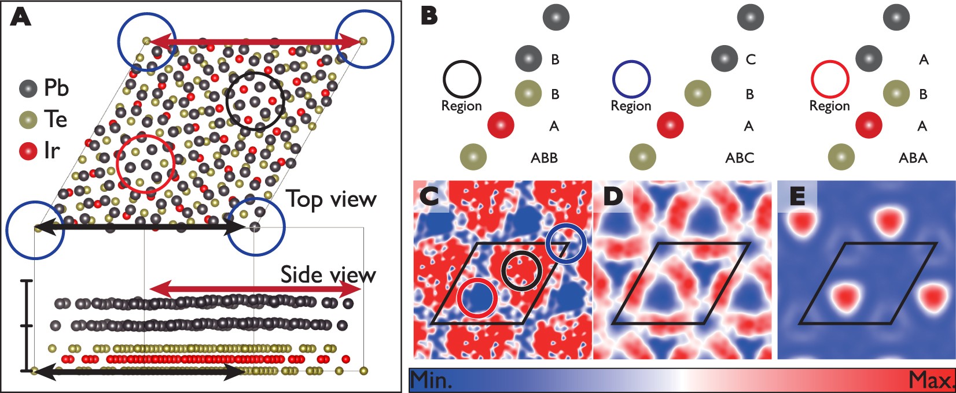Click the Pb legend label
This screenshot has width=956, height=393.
click(56, 88)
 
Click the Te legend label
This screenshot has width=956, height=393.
click(56, 120)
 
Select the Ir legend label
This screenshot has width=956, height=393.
click(52, 151)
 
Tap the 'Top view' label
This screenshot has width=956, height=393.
click(332, 199)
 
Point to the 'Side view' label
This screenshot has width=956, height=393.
click(328, 275)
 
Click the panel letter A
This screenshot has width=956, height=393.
click(21, 17)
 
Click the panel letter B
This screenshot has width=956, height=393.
click(429, 16)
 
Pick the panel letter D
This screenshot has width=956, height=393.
click(612, 196)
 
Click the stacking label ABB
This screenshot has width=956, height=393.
click(544, 158)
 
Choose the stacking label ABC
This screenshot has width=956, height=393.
click(740, 158)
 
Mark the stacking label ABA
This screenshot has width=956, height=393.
click(913, 158)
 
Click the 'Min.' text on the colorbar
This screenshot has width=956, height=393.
click(432, 380)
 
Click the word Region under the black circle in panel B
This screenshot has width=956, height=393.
click(461, 106)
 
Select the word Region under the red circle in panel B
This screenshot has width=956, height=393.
click(829, 106)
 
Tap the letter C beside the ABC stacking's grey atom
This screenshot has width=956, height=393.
click(751, 59)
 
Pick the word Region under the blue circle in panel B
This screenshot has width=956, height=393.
click(631, 106)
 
